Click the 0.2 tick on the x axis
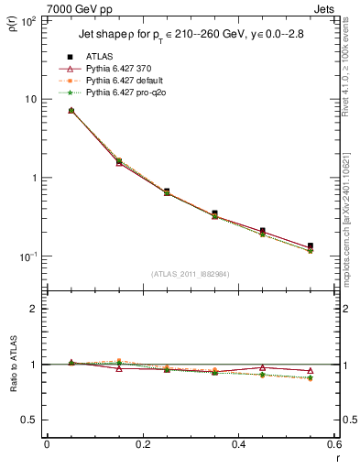(x=142, y=445)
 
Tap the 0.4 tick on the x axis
(x=238, y=445)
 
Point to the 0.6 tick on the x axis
(x=333, y=445)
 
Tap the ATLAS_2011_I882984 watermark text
(x=190, y=274)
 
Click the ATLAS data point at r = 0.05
(x=71, y=111)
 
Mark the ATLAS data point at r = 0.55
(x=311, y=246)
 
